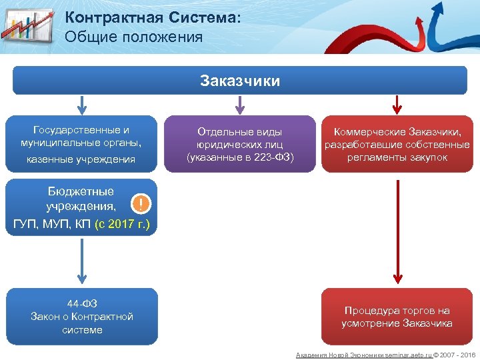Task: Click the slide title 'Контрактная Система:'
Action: [153, 18]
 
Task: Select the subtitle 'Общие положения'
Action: [133, 37]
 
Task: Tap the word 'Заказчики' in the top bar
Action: [240, 81]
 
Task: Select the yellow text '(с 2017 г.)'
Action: [125, 223]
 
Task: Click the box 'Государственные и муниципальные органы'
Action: [81, 136]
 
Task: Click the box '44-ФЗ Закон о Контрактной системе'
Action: [82, 317]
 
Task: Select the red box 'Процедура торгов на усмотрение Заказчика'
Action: [397, 317]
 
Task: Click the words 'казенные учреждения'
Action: [81, 159]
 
